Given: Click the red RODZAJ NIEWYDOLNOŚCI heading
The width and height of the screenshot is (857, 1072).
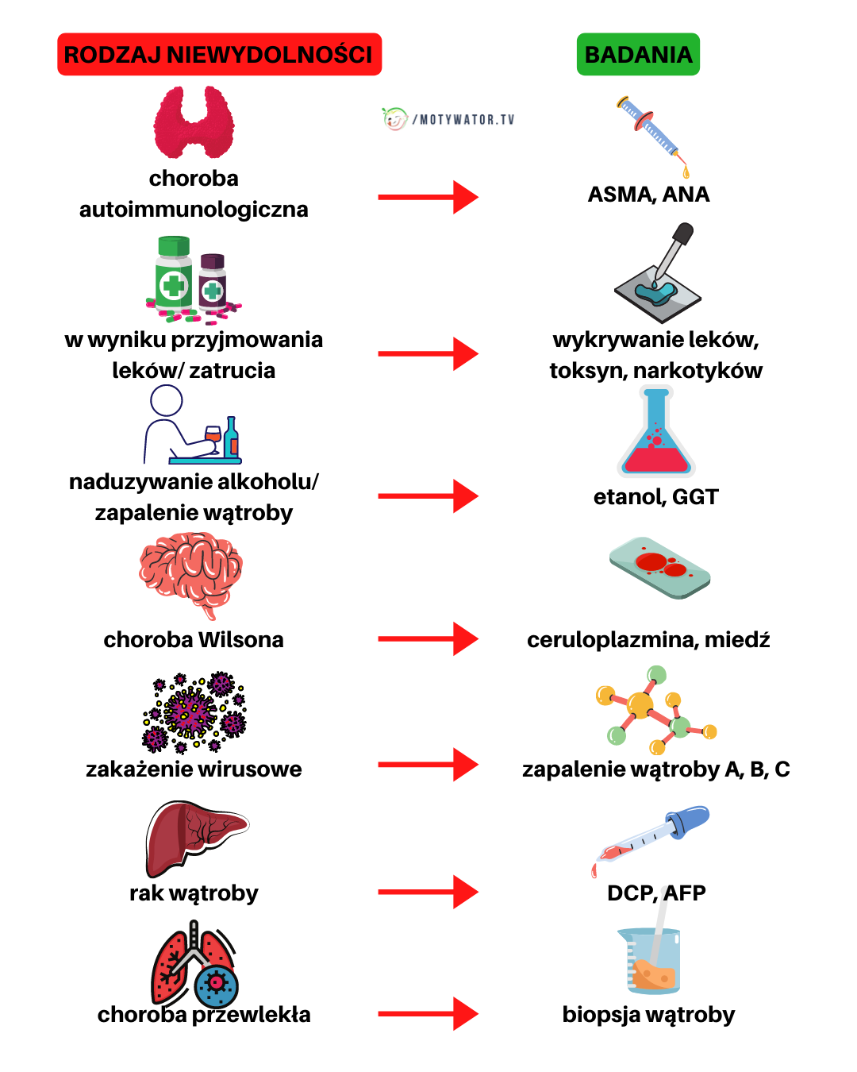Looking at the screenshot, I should click(x=219, y=55).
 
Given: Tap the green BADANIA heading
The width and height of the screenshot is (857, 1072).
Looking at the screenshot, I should click(x=638, y=55).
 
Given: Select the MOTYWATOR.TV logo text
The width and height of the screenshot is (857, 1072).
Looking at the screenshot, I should click(x=463, y=120).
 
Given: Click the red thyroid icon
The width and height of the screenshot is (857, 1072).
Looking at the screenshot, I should click(x=194, y=123).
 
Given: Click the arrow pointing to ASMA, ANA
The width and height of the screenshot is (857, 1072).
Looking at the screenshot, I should click(x=428, y=197).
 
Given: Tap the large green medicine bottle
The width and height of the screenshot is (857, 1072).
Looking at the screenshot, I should click(x=174, y=272).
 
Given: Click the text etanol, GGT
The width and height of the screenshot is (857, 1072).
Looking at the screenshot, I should click(x=655, y=497).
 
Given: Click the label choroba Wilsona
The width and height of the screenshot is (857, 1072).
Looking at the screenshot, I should click(x=194, y=640).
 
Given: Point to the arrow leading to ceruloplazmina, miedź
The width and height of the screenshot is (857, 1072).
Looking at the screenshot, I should click(x=428, y=638).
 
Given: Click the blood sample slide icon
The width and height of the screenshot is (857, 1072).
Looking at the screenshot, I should click(x=659, y=567).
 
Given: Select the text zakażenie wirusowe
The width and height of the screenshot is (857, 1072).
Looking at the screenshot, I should click(x=194, y=769).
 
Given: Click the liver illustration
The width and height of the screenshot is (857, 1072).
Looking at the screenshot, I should click(x=196, y=837).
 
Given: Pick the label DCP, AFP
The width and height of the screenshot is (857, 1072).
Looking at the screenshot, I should click(x=656, y=893).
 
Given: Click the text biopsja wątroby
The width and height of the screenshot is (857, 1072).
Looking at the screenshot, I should click(x=648, y=1015).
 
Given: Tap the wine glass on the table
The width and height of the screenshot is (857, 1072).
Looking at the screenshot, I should click(x=213, y=437).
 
